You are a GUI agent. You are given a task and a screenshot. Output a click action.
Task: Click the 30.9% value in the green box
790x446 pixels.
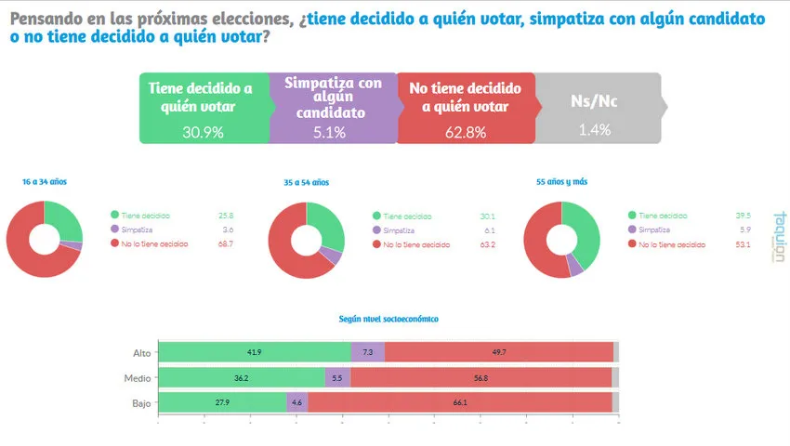coord(203,132)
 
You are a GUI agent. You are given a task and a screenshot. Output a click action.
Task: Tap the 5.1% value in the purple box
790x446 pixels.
coord(329,132)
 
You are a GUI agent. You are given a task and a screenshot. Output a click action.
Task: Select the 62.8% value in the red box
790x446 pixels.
coord(466,132)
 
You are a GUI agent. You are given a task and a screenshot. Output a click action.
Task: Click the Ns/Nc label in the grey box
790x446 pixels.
coord(593,101)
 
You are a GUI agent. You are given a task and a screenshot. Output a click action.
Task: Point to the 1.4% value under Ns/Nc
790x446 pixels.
coord(594,130)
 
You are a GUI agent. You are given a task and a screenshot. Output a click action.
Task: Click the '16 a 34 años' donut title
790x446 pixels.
coord(45,182)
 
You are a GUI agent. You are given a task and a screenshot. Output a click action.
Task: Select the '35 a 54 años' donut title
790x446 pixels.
coord(307,183)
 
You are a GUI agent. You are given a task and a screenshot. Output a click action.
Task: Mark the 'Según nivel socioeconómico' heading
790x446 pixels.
coord(388,319)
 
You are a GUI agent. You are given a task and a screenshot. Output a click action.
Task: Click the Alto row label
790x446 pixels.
coord(142,352)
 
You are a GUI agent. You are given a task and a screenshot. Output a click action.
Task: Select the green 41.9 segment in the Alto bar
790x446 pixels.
coord(254,352)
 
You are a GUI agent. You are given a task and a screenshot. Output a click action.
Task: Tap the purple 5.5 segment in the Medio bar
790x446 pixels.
coord(337,377)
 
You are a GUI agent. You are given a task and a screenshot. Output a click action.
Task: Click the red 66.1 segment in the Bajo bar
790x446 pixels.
coord(459,402)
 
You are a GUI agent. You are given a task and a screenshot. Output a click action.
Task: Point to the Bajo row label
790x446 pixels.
coord(142,402)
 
